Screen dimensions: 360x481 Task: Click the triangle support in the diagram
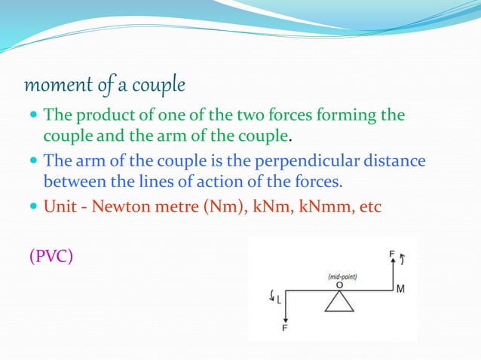coord(340,301)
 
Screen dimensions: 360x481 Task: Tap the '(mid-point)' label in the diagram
coord(342,276)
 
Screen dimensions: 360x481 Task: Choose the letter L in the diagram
coord(278,299)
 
